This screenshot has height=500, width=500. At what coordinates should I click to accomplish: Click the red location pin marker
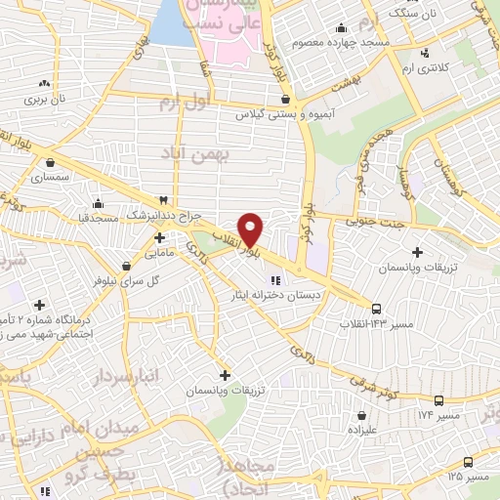(251, 229)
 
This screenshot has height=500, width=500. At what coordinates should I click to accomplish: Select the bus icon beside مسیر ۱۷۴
(438, 400)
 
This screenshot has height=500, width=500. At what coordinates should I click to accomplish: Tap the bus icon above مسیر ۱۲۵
(468, 462)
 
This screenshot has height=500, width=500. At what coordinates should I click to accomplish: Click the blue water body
(172, 23)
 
